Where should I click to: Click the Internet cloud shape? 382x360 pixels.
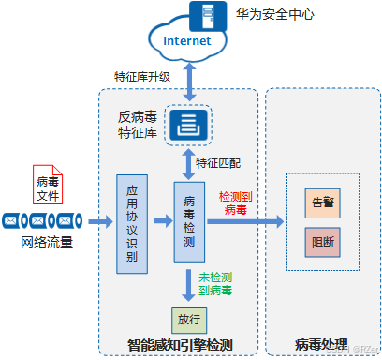[x=188, y=42]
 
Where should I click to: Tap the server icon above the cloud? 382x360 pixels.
[x=201, y=13]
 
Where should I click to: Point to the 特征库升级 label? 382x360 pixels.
[x=141, y=76]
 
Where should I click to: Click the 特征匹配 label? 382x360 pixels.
[x=218, y=162]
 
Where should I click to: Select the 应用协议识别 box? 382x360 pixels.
[x=131, y=223]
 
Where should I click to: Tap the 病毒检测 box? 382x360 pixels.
[x=188, y=222]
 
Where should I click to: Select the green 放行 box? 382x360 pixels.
[x=188, y=320]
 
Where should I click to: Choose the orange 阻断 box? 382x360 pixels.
[x=321, y=242]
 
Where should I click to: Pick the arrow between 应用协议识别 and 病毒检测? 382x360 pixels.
[x=160, y=222]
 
